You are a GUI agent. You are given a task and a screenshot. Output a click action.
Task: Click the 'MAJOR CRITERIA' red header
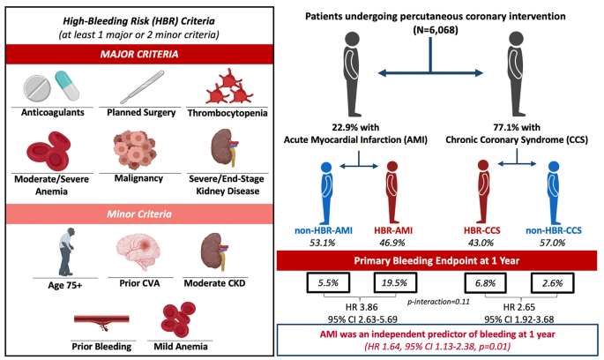(x=136, y=56)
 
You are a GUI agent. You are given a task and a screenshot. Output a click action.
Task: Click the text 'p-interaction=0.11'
(x=439, y=302)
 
